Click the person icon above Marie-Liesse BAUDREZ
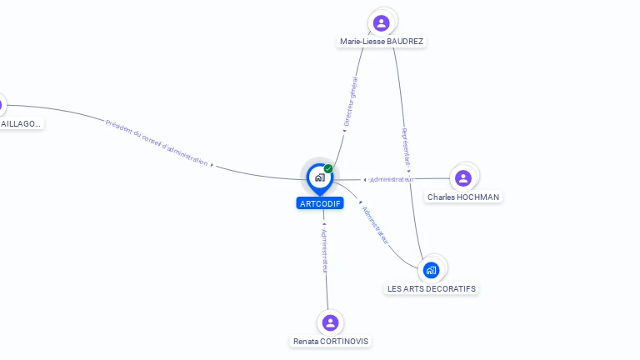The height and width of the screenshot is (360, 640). [381, 22]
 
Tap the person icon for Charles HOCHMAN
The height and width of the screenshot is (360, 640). [463, 177]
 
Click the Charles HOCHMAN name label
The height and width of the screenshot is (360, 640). [463, 197]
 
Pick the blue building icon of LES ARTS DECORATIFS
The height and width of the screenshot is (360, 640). [431, 269]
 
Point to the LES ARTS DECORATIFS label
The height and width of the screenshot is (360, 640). [432, 288]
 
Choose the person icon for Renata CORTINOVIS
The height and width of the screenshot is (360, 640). [330, 322]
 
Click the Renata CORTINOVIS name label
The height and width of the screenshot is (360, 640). [331, 341]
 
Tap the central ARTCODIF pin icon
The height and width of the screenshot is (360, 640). [319, 177]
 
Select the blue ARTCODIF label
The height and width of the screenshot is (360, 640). [320, 203]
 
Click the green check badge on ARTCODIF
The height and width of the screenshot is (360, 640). [328, 169]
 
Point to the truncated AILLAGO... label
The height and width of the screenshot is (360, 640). [21, 123]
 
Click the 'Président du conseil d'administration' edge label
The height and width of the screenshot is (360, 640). [157, 143]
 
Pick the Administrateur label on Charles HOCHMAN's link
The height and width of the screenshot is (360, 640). [392, 179]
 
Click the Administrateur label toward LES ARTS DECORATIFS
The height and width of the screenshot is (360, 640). [376, 223]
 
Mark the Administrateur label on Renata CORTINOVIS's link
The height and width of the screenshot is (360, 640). [325, 249]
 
